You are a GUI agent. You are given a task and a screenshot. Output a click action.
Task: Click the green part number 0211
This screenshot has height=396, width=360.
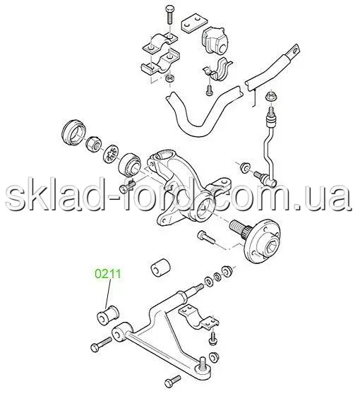107,274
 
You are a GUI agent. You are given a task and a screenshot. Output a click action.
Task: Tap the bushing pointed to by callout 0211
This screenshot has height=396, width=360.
108,314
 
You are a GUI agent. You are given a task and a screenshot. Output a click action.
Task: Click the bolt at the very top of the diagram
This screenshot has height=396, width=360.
169,15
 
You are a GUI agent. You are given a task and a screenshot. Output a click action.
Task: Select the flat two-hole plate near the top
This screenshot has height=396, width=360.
193,25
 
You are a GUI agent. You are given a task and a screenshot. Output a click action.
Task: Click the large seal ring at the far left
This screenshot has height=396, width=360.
73,133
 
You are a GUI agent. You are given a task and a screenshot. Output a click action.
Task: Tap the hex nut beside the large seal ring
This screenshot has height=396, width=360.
94,145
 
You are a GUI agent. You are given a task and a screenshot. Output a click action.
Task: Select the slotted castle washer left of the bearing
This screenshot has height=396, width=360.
112,155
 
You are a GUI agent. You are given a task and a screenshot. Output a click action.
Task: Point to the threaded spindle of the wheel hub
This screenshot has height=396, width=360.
239,226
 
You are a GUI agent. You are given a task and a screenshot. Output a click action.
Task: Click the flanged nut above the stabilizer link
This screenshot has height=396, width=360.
272,97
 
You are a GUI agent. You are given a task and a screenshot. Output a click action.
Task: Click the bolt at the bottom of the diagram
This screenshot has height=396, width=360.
172,382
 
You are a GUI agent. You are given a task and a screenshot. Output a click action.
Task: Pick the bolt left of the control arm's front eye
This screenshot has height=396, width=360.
101,344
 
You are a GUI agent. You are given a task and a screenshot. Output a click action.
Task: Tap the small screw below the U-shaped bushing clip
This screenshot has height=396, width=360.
209,90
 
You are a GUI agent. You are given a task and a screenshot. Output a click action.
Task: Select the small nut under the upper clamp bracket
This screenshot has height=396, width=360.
169,78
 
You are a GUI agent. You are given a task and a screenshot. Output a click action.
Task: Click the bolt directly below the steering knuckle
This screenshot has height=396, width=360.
205,237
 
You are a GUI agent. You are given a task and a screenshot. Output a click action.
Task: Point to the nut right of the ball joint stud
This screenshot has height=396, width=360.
214,357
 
